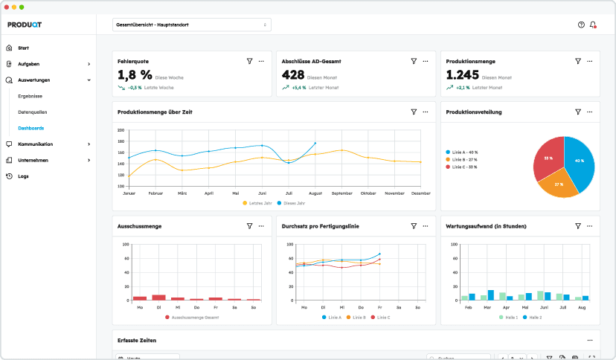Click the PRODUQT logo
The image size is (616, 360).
coord(25,25)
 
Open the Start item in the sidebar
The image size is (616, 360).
coord(23,48)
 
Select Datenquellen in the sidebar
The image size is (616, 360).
coord(32,112)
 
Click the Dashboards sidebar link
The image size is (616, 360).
coord(31,128)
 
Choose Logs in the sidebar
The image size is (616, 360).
coord(23,176)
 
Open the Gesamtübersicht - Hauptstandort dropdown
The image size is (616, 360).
coord(191,25)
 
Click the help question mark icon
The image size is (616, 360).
coord(581,25)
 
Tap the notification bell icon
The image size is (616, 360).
coord(593,25)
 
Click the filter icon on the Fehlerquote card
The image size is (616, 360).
coord(249,61)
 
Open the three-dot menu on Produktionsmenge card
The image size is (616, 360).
coord(589,61)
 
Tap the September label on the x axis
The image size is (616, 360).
coord(341,193)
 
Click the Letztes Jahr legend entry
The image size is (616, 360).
coord(260,202)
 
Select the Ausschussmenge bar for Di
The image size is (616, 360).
coord(158,297)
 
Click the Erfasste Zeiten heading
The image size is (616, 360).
coord(137,340)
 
